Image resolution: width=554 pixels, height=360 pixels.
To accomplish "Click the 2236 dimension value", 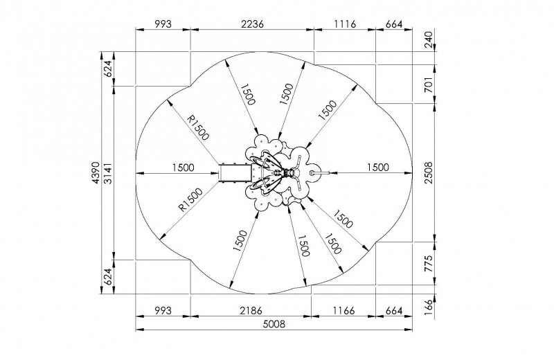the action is pyautogui.click(x=252, y=24).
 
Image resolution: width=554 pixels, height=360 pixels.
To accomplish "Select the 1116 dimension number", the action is pyautogui.click(x=345, y=24).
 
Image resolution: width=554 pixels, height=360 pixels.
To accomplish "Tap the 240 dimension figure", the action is pyautogui.click(x=428, y=40).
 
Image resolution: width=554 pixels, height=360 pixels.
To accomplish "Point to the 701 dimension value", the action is pyautogui.click(x=428, y=84).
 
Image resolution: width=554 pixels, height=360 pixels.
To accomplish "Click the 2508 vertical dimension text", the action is pyautogui.click(x=428, y=172).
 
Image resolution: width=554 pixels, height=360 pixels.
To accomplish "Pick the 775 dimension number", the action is pyautogui.click(x=428, y=263).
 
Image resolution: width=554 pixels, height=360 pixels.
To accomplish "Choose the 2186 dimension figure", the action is pyautogui.click(x=251, y=311).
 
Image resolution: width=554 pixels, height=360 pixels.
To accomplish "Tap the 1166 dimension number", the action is pyautogui.click(x=343, y=311).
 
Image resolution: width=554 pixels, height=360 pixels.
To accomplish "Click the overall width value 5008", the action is pyautogui.click(x=274, y=323).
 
